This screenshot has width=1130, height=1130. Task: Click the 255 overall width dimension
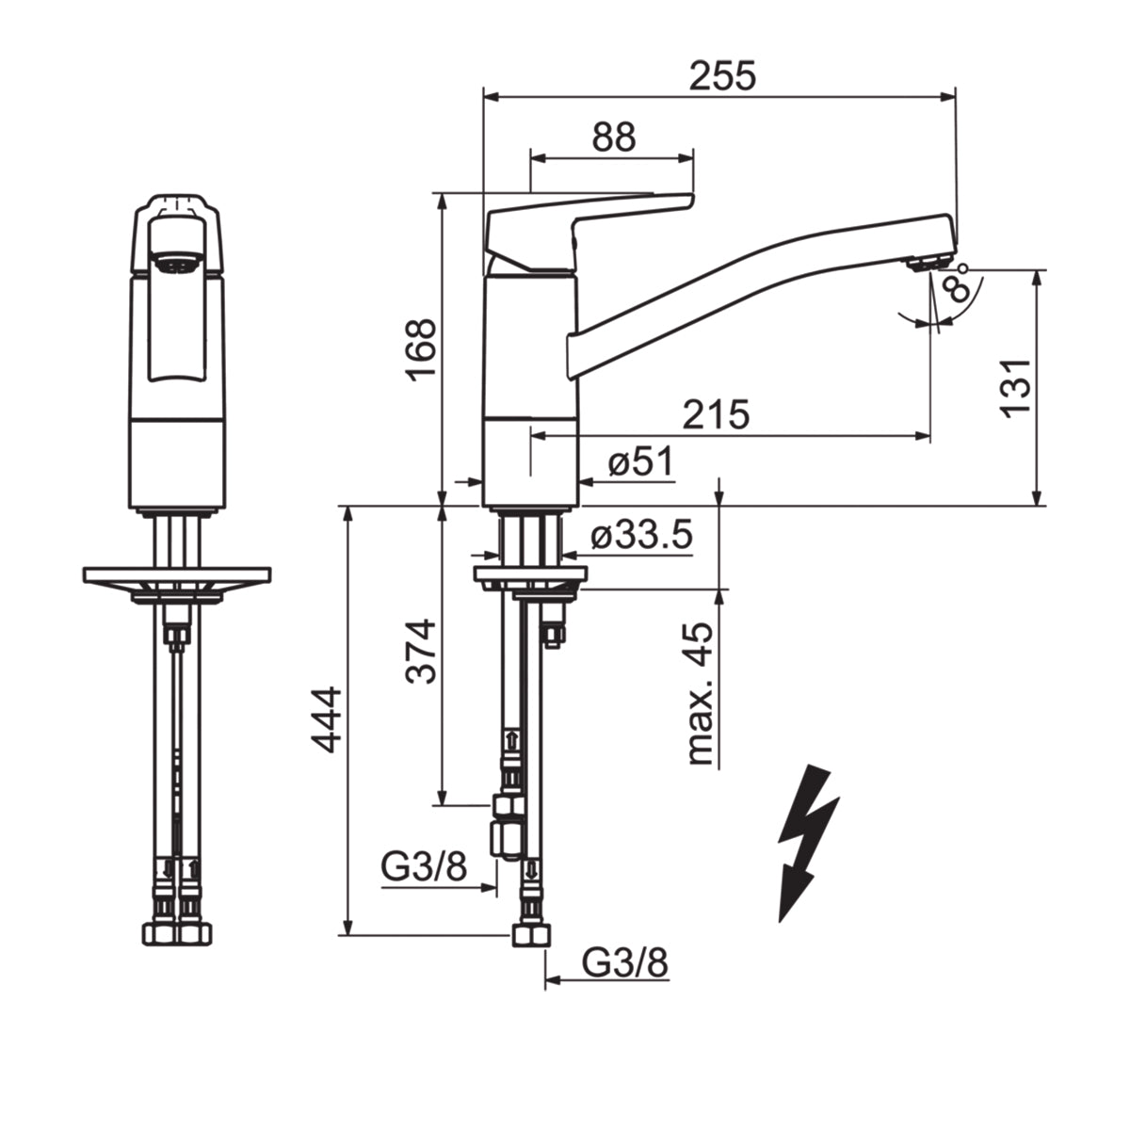pos(722,76)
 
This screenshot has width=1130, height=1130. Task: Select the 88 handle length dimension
pos(613,137)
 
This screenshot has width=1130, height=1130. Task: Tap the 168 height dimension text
pos(422,350)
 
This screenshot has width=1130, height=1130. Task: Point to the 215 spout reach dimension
pos(716,414)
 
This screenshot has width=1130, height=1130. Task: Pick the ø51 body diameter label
pos(640,462)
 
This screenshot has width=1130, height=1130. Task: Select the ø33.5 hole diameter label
pos(641,534)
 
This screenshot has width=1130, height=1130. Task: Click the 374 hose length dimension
pos(422,651)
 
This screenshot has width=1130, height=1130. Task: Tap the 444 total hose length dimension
pos(326,719)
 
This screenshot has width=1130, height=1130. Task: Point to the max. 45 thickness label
pos(699,693)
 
